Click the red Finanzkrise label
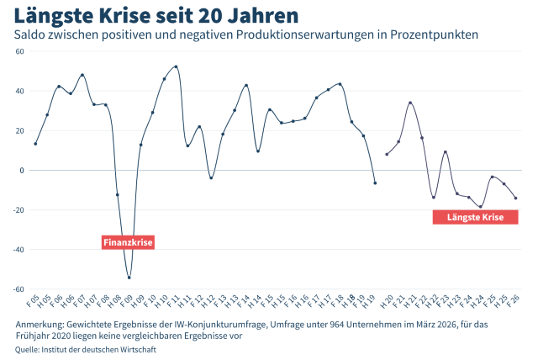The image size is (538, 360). [129, 242]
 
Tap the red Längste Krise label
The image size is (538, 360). [475, 217]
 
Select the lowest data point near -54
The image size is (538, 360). [129, 278]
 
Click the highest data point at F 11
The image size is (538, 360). [176, 66]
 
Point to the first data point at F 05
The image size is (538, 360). [35, 144]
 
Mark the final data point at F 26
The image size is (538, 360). [515, 199]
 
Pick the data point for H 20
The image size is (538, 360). [387, 154]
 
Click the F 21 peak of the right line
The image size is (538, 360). [410, 103]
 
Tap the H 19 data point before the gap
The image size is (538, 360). [375, 183]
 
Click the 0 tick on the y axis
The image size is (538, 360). [23, 170]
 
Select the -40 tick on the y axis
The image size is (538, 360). [18, 250]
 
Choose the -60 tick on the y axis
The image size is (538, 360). [18, 289]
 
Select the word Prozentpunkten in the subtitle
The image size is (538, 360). [435, 34]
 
